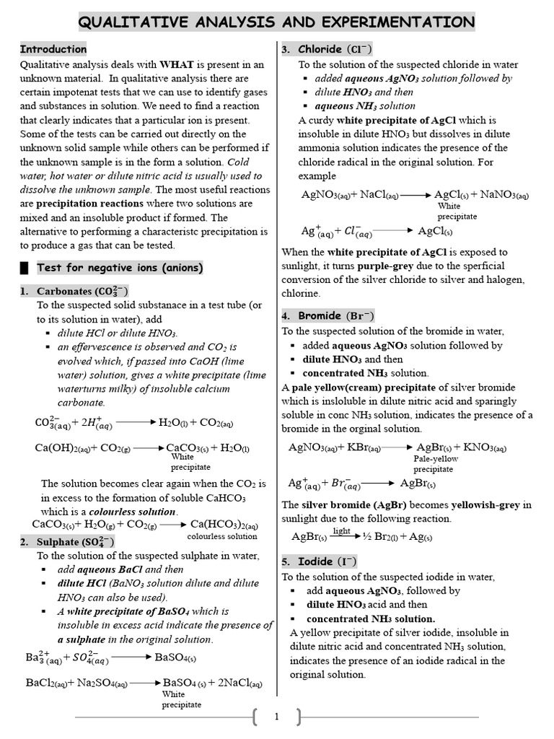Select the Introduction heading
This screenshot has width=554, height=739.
pyautogui.click(x=53, y=49)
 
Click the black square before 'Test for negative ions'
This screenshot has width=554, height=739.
pyautogui.click(x=25, y=268)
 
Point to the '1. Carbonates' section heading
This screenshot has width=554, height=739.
pyautogui.click(x=74, y=292)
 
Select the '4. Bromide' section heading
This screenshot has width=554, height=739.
pyautogui.click(x=327, y=316)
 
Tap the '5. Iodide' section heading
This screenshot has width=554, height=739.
pyautogui.click(x=318, y=561)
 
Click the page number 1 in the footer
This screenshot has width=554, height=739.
pyautogui.click(x=276, y=717)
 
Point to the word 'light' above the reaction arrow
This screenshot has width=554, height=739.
pyautogui.click(x=341, y=530)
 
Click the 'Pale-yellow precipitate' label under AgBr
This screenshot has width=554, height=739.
pyautogui.click(x=435, y=463)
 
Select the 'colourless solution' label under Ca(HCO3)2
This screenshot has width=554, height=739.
pyautogui.click(x=222, y=536)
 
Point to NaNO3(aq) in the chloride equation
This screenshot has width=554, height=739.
pyautogui.click(x=504, y=195)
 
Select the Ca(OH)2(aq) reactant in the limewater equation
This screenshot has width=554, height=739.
pyautogui.click(x=62, y=447)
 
